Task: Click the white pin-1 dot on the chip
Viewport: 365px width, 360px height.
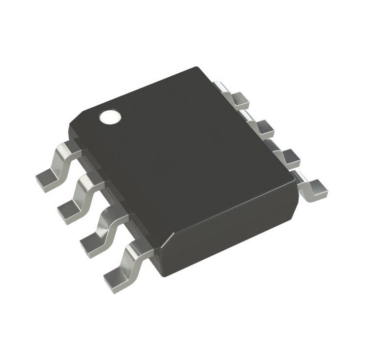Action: [x=110, y=117]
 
